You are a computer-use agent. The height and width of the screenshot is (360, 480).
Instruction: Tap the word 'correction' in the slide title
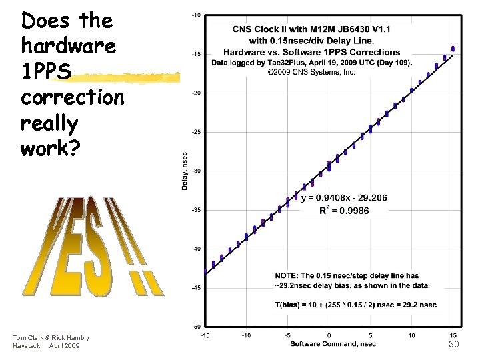(x=72, y=97)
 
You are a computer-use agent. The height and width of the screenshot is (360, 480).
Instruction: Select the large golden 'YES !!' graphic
(x=93, y=247)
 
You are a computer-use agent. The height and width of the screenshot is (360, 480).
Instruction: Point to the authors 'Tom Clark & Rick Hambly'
(x=51, y=338)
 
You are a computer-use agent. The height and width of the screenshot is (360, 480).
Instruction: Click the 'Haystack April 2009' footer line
(x=46, y=346)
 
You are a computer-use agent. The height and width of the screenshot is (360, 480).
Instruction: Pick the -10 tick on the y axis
(x=197, y=15)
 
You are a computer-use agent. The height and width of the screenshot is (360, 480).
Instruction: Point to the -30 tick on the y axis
(x=197, y=171)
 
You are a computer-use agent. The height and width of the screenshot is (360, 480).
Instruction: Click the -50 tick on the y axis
(x=197, y=327)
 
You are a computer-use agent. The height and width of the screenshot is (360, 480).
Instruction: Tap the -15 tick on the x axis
(x=205, y=335)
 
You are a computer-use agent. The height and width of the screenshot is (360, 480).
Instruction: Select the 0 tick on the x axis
(x=329, y=335)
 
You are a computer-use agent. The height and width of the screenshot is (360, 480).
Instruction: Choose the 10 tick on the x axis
(x=412, y=335)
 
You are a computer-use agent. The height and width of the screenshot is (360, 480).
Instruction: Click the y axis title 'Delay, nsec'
(x=185, y=171)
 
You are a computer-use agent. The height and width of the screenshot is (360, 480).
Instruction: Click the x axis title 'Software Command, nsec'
(x=333, y=344)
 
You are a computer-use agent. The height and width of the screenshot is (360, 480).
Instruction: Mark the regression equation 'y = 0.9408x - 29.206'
(x=344, y=198)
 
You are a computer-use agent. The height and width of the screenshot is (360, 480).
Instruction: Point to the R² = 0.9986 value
(x=344, y=210)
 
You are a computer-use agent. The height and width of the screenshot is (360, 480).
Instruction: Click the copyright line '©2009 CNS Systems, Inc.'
(x=311, y=72)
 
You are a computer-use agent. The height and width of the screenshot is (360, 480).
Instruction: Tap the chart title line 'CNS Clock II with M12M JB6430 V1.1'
(x=311, y=29)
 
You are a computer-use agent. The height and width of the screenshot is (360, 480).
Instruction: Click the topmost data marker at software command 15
(x=453, y=48)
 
